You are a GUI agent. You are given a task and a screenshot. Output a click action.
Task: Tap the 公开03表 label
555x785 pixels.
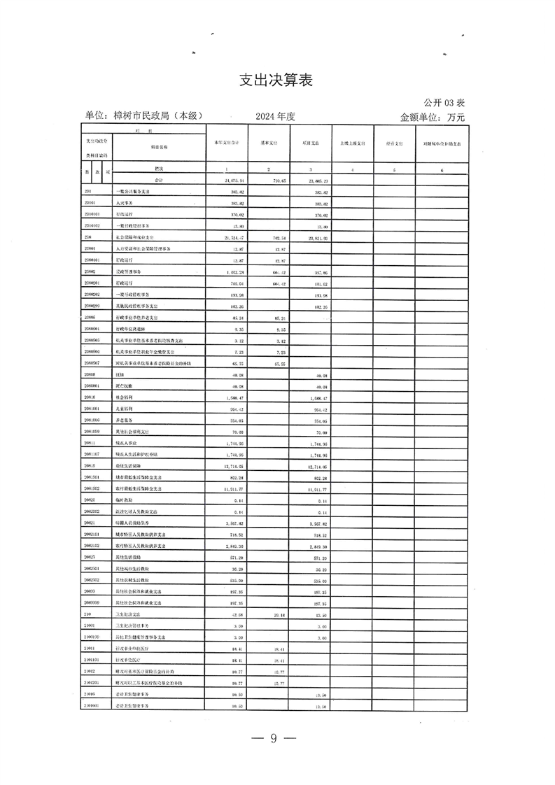tap(443, 102)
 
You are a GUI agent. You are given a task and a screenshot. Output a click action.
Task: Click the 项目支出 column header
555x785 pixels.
tap(311, 143)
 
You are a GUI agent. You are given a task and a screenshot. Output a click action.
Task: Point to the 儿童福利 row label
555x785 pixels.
tap(125, 409)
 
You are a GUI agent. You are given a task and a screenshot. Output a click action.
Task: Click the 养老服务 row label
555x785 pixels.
tap(125, 420)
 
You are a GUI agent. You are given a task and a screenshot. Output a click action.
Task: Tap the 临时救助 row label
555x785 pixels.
tap(125, 500)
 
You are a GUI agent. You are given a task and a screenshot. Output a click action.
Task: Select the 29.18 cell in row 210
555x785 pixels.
tap(270, 614)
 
